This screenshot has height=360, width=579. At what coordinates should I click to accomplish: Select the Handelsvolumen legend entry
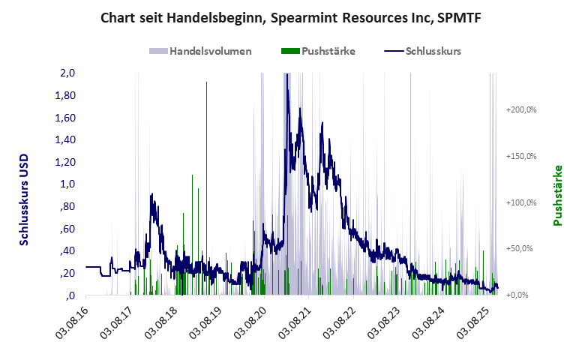(x=210, y=52)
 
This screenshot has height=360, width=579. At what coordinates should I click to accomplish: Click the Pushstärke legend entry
(x=328, y=52)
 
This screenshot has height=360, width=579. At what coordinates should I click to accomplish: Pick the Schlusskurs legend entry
(x=433, y=52)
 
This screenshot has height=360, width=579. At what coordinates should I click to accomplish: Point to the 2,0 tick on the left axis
(x=67, y=73)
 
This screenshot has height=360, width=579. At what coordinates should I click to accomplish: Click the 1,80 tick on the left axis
(x=65, y=96)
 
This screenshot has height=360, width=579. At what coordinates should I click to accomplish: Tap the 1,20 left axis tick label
(x=65, y=162)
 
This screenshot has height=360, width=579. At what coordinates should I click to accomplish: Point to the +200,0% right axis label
(x=521, y=109)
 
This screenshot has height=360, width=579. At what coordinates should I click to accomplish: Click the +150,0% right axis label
(x=521, y=156)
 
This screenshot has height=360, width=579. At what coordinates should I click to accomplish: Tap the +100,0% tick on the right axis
(x=521, y=202)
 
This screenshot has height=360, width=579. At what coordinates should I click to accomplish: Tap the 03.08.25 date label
(x=470, y=322)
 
